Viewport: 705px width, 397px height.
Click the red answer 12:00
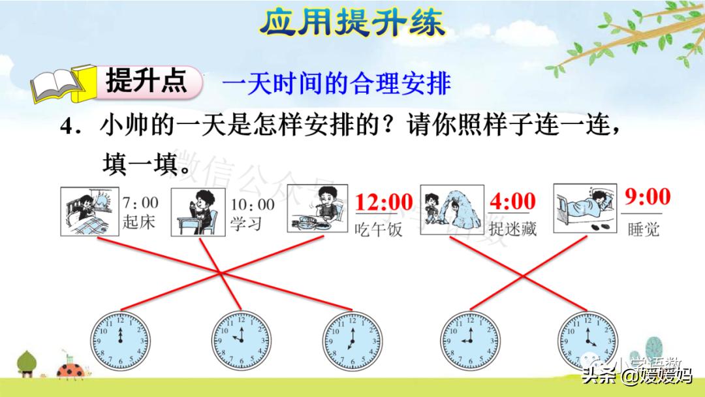384,202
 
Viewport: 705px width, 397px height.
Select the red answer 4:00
512,200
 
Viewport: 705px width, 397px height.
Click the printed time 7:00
140,203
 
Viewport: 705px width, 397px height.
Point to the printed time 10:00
252,204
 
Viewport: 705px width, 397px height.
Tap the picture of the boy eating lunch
318,208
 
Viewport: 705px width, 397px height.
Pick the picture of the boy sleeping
584,208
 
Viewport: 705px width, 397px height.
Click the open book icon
57,84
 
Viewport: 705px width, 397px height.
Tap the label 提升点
146,82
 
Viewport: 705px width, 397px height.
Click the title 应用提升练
352,22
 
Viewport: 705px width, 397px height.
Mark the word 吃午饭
379,229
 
